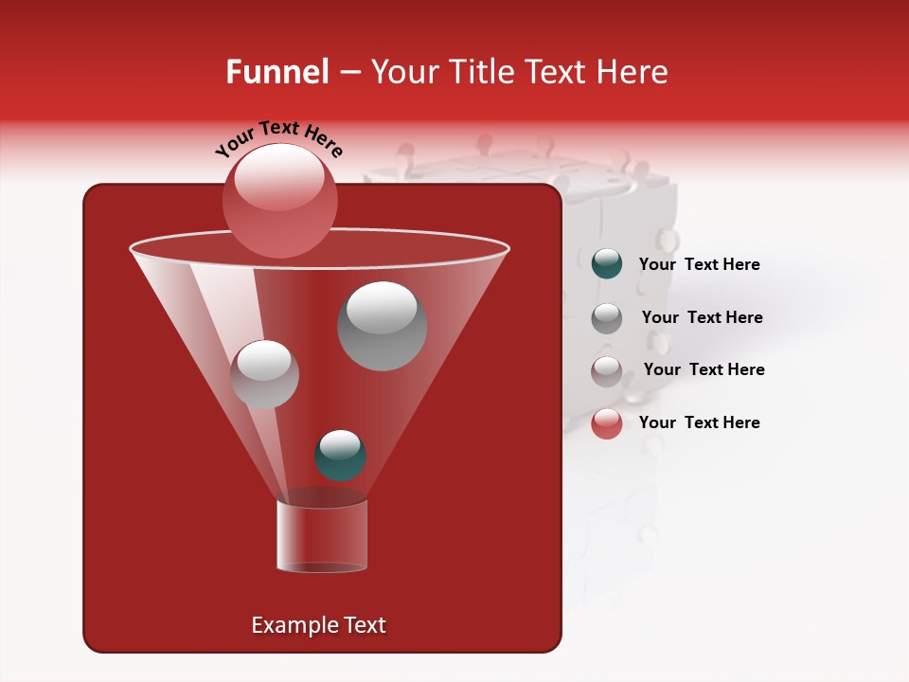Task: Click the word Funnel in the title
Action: pyautogui.click(x=276, y=72)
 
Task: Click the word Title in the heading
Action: pyautogui.click(x=480, y=72)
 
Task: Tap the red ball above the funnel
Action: pyautogui.click(x=279, y=201)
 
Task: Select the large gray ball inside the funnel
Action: pyautogui.click(x=382, y=326)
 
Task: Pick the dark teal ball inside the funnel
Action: pyautogui.click(x=340, y=456)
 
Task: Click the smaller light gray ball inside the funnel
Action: pyautogui.click(x=264, y=374)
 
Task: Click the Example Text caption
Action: pyautogui.click(x=318, y=625)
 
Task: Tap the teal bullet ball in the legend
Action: pyautogui.click(x=606, y=264)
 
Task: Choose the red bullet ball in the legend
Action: pyautogui.click(x=606, y=423)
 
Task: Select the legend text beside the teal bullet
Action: pyautogui.click(x=699, y=265)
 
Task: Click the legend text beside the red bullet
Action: pyautogui.click(x=699, y=422)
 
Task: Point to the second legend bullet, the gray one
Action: pyautogui.click(x=606, y=318)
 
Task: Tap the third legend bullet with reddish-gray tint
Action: pyautogui.click(x=606, y=370)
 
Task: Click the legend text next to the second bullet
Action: pyautogui.click(x=702, y=317)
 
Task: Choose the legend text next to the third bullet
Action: pyautogui.click(x=704, y=369)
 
